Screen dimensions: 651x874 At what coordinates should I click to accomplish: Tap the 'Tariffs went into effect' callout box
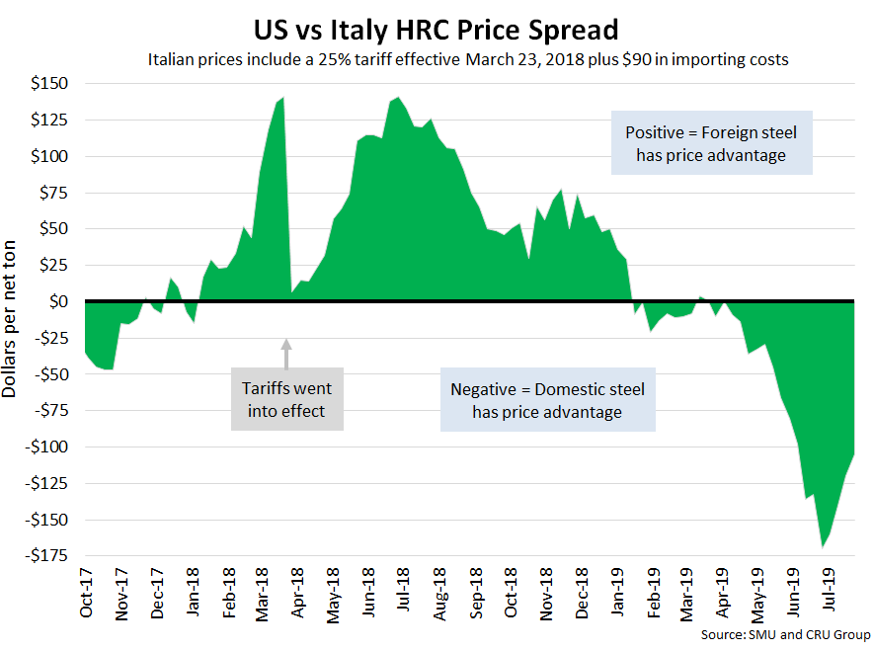click(287, 398)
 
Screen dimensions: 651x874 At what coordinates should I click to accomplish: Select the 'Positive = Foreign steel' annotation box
click(711, 143)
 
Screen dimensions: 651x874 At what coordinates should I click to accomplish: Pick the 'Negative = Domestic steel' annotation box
click(547, 400)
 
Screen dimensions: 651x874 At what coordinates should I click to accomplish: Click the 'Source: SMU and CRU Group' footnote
click(784, 633)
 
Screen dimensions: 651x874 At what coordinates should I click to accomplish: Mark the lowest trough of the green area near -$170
click(822, 546)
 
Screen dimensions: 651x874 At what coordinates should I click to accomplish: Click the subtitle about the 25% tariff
click(468, 59)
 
